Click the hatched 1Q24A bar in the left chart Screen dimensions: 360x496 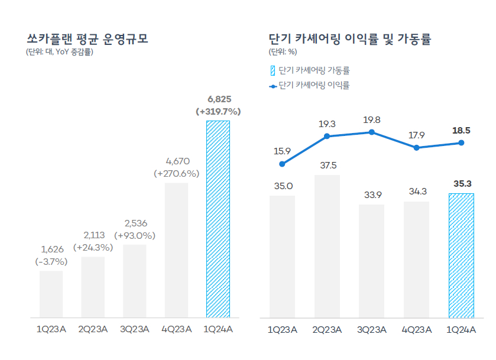click(218, 219)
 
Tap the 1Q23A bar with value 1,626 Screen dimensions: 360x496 click(51, 294)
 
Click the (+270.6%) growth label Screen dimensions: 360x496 click(176, 174)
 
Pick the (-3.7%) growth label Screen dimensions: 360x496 click(51, 261)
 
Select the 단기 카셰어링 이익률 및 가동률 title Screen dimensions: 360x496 click(349, 40)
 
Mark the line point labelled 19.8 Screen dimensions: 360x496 click(372, 132)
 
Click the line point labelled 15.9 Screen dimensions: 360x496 click(282, 164)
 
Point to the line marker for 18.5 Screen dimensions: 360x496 click(461, 143)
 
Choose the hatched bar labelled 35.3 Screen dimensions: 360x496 click(461, 255)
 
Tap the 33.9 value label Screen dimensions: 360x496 click(371, 194)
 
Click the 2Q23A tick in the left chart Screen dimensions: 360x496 click(93, 330)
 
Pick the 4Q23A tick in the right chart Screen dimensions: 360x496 click(416, 330)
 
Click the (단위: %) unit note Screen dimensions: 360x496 click(282, 52)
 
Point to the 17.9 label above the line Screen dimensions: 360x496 click(417, 135)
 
